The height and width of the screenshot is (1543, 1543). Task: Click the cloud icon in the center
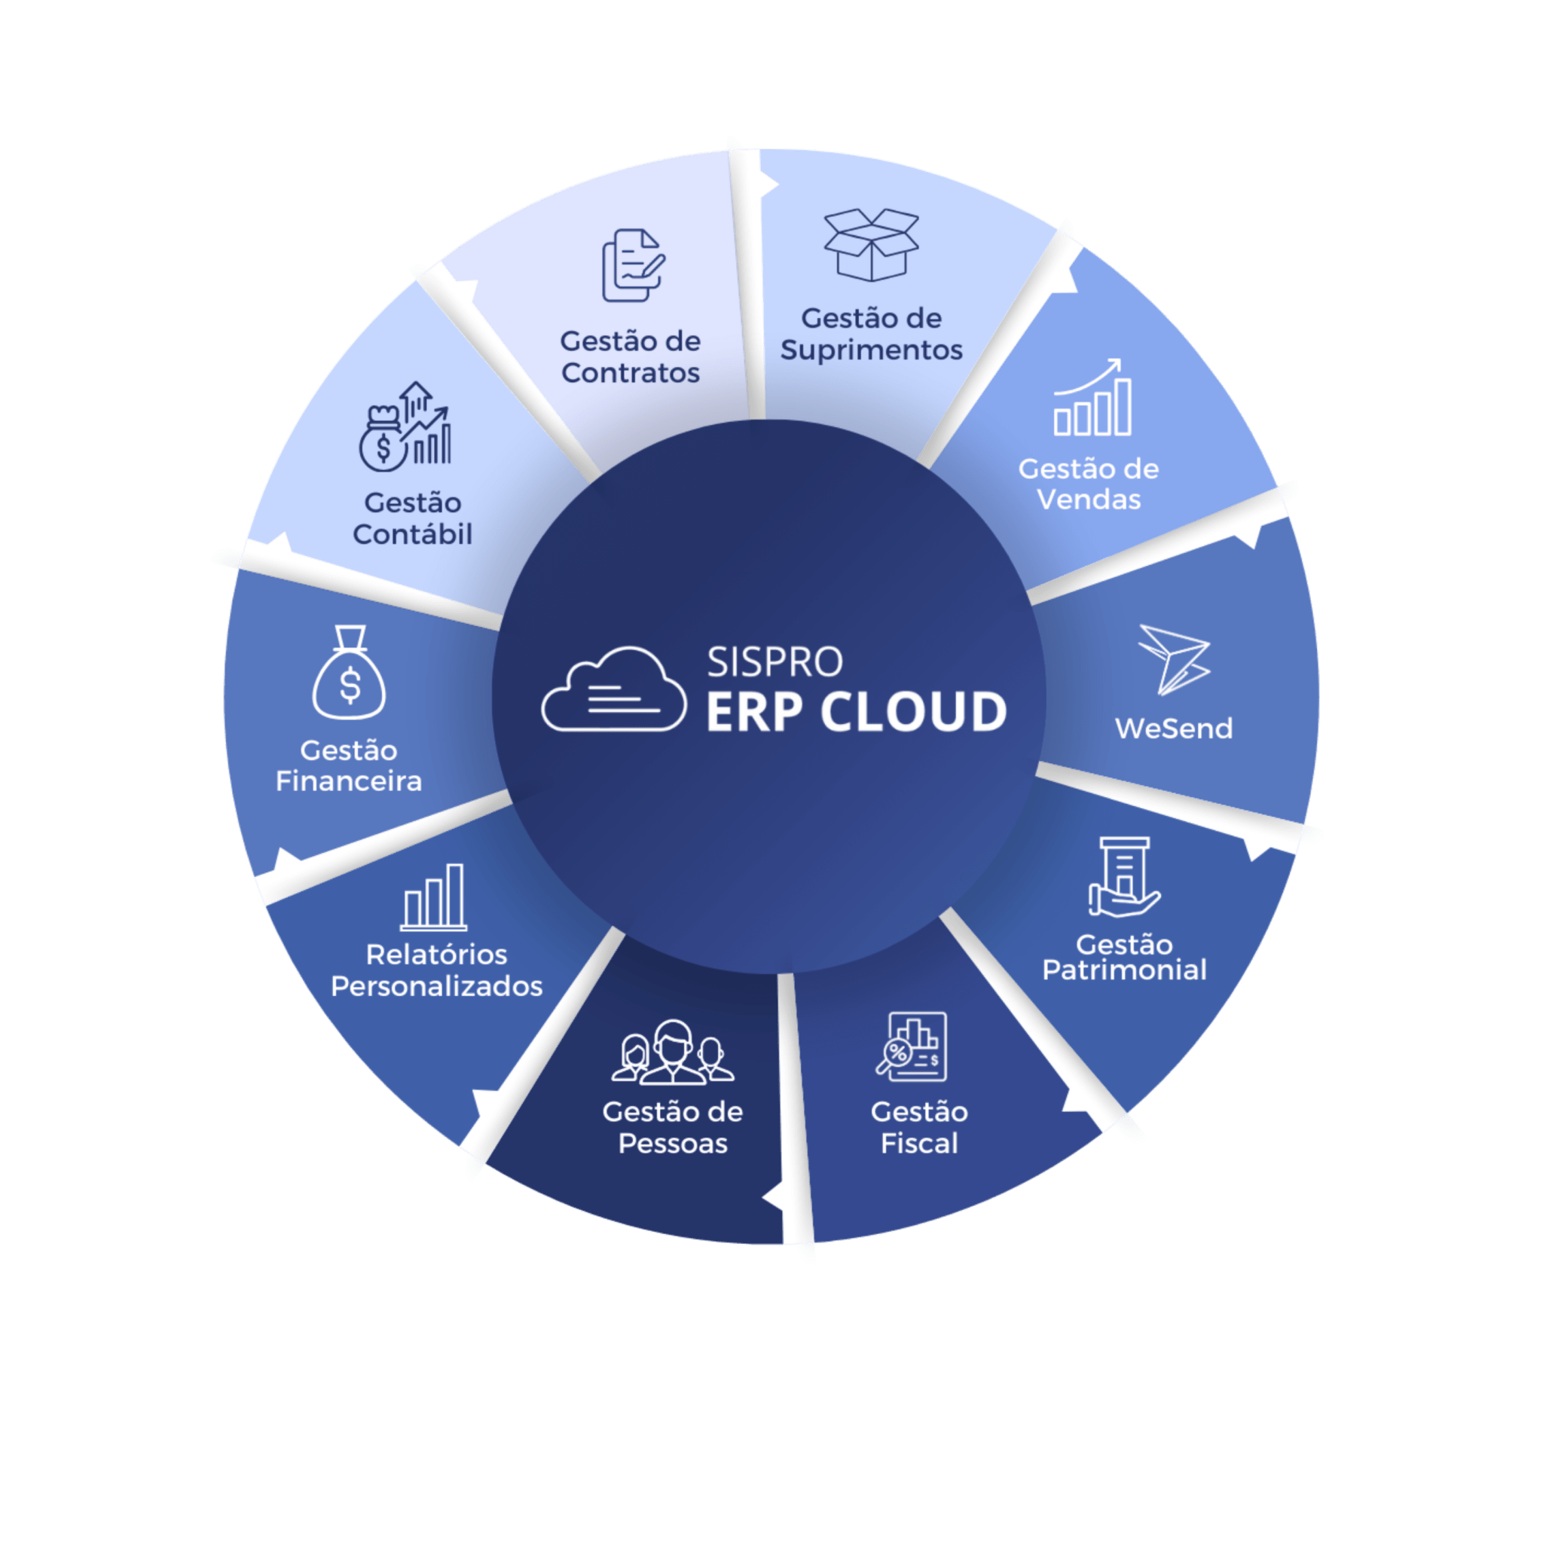click(613, 689)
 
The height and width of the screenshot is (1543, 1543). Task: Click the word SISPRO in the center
click(775, 662)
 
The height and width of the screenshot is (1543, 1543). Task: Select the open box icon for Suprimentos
click(872, 244)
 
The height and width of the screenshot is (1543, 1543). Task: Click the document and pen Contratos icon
click(633, 265)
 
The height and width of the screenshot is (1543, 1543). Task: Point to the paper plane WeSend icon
click(1173, 659)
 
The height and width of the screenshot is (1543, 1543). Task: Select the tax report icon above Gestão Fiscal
click(912, 1046)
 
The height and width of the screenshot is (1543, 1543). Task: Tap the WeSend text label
click(1173, 729)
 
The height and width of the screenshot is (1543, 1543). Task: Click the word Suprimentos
click(872, 350)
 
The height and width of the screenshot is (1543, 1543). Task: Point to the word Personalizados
click(437, 986)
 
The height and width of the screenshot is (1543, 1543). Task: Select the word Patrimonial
click(1125, 970)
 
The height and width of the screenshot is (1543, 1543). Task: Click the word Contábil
click(413, 533)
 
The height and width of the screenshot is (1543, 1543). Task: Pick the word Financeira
click(349, 781)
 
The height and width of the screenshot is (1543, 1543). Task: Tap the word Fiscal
click(919, 1143)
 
